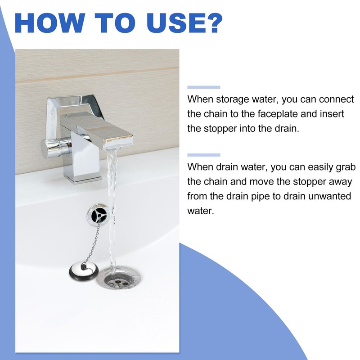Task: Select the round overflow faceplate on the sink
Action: [97, 214]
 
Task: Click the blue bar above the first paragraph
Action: [203, 87]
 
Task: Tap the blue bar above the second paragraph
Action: [203, 155]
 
